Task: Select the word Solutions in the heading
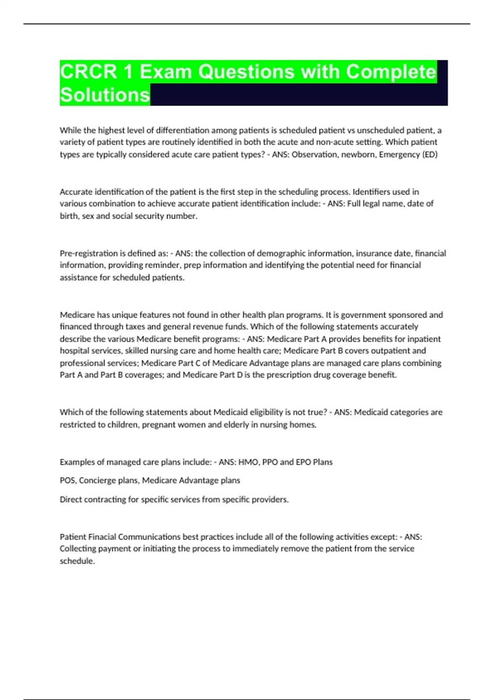point(105,95)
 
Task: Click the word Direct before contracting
point(71,499)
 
